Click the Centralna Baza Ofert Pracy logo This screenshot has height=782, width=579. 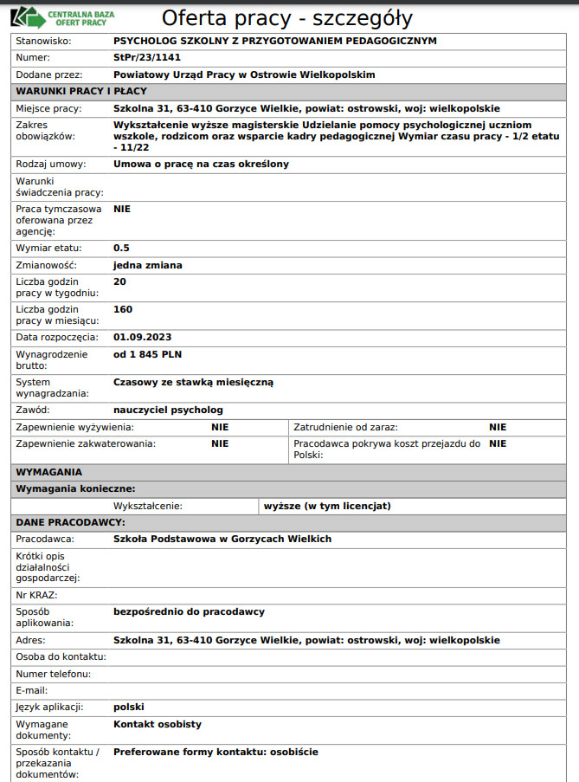[64, 17]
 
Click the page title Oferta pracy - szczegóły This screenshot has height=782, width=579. [287, 18]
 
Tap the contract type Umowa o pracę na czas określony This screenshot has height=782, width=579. [201, 164]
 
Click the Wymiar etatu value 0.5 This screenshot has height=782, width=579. [121, 248]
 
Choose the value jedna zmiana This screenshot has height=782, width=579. [148, 265]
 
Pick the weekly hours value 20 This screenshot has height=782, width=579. [120, 281]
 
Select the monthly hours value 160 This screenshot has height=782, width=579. [123, 309]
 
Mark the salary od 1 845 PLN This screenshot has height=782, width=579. [148, 354]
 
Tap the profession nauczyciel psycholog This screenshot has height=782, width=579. [168, 410]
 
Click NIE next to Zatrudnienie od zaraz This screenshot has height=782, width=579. [498, 427]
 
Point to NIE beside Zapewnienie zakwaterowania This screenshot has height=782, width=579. [220, 443]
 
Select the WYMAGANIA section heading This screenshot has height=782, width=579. [49, 472]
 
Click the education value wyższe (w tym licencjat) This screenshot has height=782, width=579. [327, 506]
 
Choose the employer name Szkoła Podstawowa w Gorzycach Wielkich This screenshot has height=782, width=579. [222, 539]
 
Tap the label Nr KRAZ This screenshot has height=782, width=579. [36, 595]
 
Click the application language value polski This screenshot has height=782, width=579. [129, 707]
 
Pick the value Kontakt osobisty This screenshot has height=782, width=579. [158, 724]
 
